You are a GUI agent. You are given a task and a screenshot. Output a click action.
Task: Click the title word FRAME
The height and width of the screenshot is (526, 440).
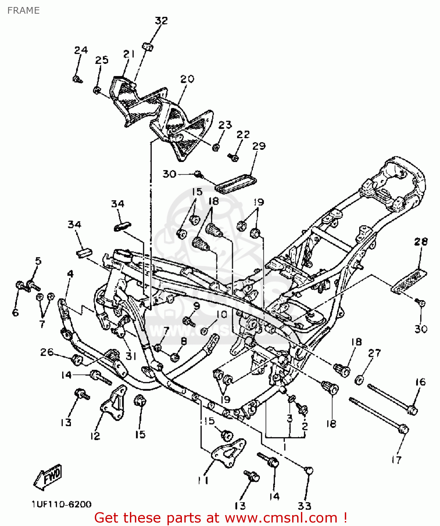pos(24,11)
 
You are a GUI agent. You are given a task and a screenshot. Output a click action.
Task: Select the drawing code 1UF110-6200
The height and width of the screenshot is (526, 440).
pos(61,504)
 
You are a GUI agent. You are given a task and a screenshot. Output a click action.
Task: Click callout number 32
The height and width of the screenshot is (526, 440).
pos(161,20)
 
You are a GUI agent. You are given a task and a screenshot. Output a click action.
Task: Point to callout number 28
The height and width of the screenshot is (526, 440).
pos(421,241)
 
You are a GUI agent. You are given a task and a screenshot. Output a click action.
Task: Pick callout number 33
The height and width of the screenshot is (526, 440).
pos(304,506)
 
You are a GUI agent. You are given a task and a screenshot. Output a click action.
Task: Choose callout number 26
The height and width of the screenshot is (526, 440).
pos(47,352)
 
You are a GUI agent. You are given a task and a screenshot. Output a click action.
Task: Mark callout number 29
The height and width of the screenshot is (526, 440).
pos(259,146)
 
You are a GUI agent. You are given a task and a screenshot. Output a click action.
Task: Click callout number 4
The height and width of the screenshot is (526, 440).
pos(71,274)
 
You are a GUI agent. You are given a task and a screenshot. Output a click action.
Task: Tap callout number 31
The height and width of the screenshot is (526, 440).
pos(131,356)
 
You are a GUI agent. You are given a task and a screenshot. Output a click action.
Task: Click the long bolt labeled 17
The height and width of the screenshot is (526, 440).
pos(379,414)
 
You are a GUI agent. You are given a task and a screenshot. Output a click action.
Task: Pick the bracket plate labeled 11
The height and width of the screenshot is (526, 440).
pos(228,452)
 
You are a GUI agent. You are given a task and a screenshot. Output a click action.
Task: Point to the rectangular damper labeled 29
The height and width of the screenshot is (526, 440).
pos(236,183)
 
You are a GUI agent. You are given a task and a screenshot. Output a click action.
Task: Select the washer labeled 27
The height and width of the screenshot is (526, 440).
pos(359,379)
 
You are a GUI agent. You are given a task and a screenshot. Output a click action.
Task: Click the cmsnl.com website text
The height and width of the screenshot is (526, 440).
pos(281,518)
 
